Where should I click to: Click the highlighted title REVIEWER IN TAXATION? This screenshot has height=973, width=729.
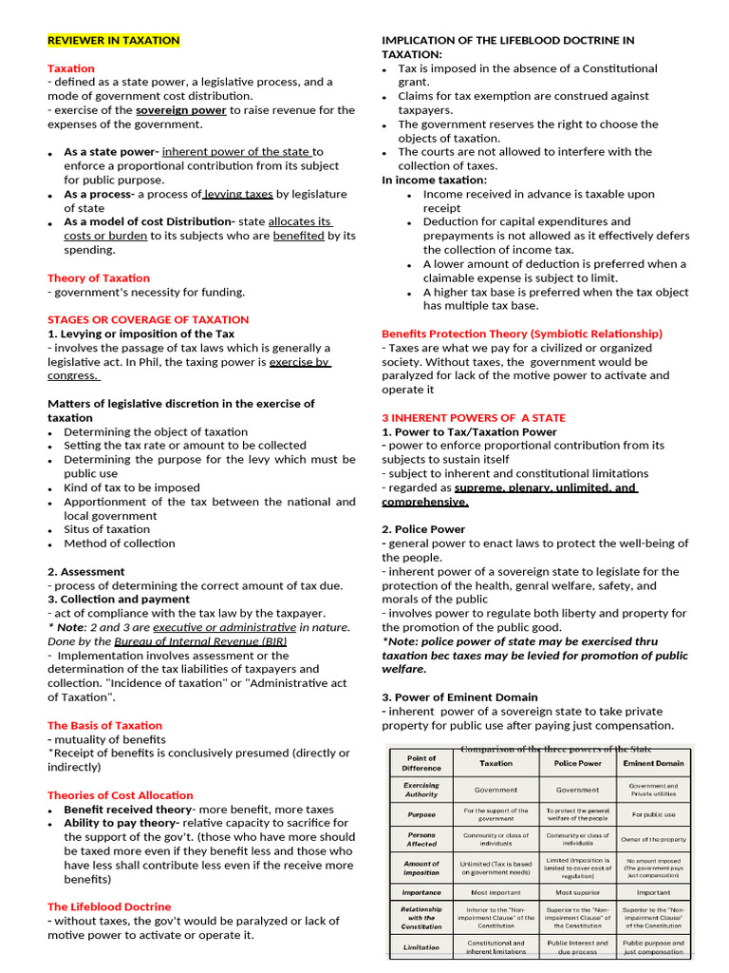[113, 40]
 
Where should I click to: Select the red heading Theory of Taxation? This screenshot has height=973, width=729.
[99, 277]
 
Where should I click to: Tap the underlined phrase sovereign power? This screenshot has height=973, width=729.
[180, 110]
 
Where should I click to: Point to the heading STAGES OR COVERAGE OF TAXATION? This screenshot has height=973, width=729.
[148, 319]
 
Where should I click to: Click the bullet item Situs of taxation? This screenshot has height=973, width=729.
[106, 529]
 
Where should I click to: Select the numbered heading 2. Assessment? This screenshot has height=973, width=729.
[86, 571]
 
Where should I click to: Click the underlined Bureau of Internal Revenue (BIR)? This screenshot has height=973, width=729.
[200, 641]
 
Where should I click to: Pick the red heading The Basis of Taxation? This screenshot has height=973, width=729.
[104, 725]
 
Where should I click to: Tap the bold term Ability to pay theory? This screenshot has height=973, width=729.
[121, 823]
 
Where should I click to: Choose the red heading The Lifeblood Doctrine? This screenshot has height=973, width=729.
[109, 906]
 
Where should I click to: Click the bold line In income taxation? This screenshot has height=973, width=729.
[434, 180]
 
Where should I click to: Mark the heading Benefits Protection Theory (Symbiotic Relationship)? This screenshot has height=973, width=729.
[522, 334]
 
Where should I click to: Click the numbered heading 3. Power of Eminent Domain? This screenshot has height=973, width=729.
[459, 696]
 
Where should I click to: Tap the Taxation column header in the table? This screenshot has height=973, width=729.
[495, 763]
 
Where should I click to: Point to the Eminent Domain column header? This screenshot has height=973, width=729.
[653, 763]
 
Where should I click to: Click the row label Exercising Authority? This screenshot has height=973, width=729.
[421, 790]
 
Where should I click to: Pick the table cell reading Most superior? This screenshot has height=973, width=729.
[577, 892]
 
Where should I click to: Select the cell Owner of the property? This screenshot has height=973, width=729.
[653, 839]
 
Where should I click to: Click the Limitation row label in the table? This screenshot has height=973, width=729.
[421, 947]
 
